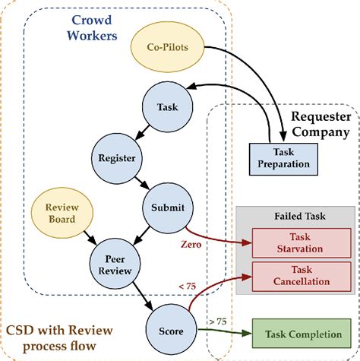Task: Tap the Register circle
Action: [x=116, y=158]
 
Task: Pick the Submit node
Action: [x=165, y=206]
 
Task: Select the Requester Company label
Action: [x=323, y=125]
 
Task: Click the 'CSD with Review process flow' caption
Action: [x=59, y=339]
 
